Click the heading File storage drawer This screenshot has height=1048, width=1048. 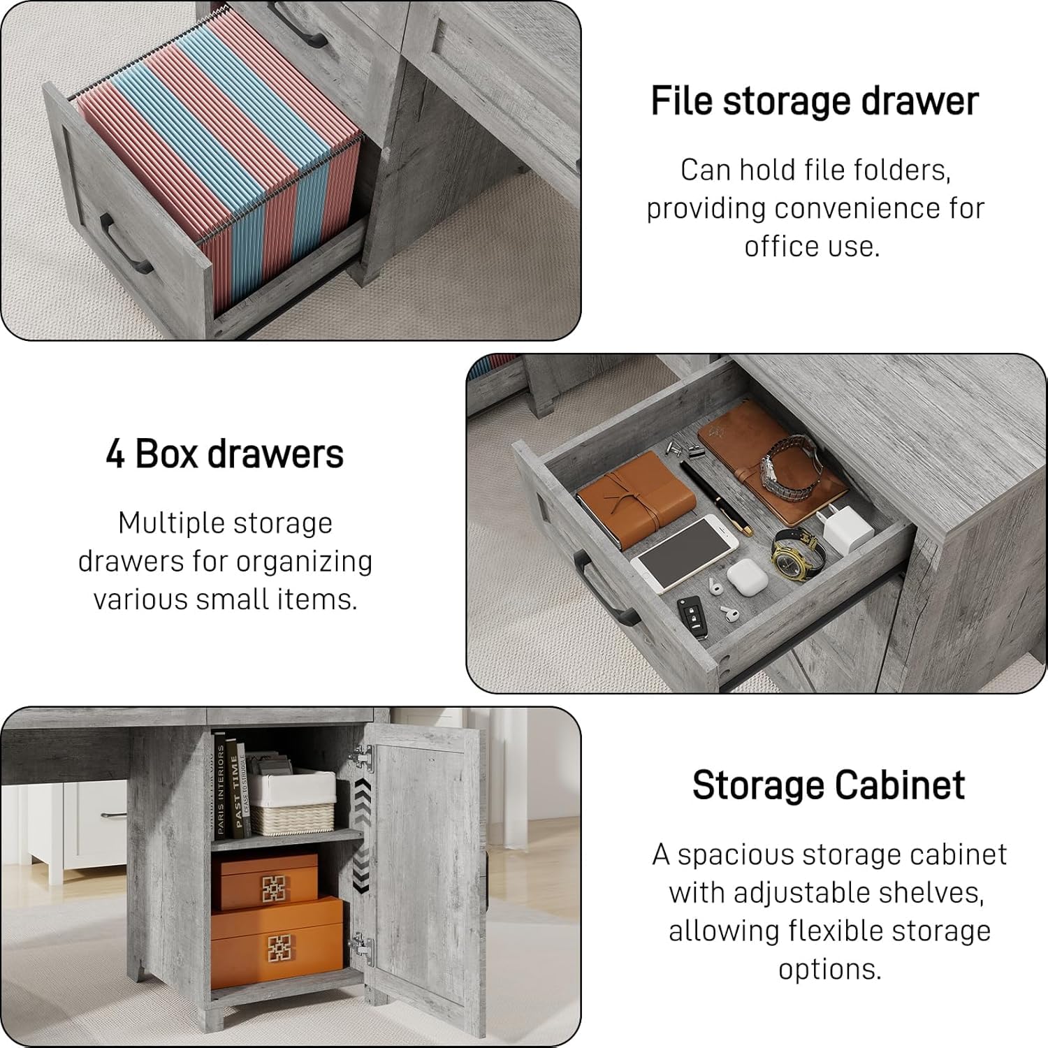coord(815,101)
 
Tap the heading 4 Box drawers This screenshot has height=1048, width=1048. coord(225,453)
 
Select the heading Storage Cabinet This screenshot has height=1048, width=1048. coord(829,785)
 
